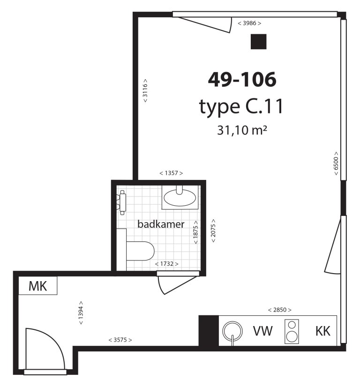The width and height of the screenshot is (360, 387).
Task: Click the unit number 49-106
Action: coord(242,80)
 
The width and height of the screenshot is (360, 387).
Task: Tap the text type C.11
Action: coord(241,107)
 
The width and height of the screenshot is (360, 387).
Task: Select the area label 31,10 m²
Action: coord(242,130)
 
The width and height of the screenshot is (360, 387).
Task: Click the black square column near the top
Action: coord(259,41)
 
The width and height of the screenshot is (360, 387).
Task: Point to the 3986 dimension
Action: coord(249,23)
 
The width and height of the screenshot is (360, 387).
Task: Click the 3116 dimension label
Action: coord(145,90)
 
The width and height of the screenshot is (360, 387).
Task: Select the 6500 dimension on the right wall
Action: coord(336,164)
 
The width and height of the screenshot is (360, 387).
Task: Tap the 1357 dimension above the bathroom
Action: coord(171,173)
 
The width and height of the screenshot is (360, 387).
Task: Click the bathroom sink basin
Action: coord(180,198)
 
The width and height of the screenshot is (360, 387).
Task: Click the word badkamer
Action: coord(161,224)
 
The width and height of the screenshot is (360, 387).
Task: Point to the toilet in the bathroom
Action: coord(140,251)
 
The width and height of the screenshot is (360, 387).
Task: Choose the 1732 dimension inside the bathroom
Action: coord(167,264)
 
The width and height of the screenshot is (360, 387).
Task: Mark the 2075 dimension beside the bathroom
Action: coord(213,231)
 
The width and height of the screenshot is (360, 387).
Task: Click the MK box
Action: coord(38,285)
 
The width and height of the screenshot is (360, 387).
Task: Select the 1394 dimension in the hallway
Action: coord(81,313)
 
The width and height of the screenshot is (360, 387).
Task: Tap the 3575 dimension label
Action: coord(120,340)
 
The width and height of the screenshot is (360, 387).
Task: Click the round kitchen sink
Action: coord(232,331)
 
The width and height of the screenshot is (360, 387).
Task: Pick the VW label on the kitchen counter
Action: coord(262,331)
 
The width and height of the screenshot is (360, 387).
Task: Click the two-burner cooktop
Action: coord(292,331)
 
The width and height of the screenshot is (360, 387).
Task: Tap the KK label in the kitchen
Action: coord(323,331)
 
